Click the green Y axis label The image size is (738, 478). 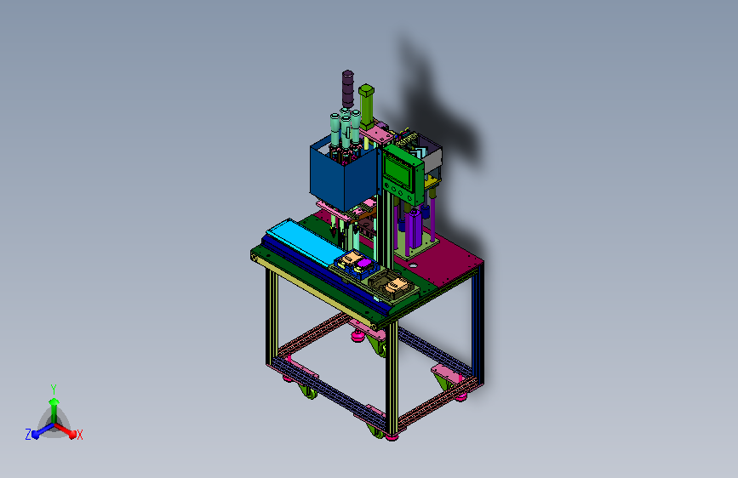coord(54,389)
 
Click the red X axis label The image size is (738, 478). coord(79,435)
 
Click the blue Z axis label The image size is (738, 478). coord(28,435)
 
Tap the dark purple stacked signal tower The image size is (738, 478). coord(348,89)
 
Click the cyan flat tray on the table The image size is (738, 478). coord(306,242)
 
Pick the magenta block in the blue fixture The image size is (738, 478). coord(363,263)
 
